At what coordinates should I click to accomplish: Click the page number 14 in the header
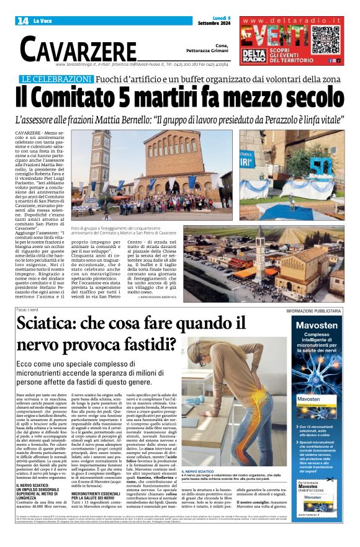pos(22,21)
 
